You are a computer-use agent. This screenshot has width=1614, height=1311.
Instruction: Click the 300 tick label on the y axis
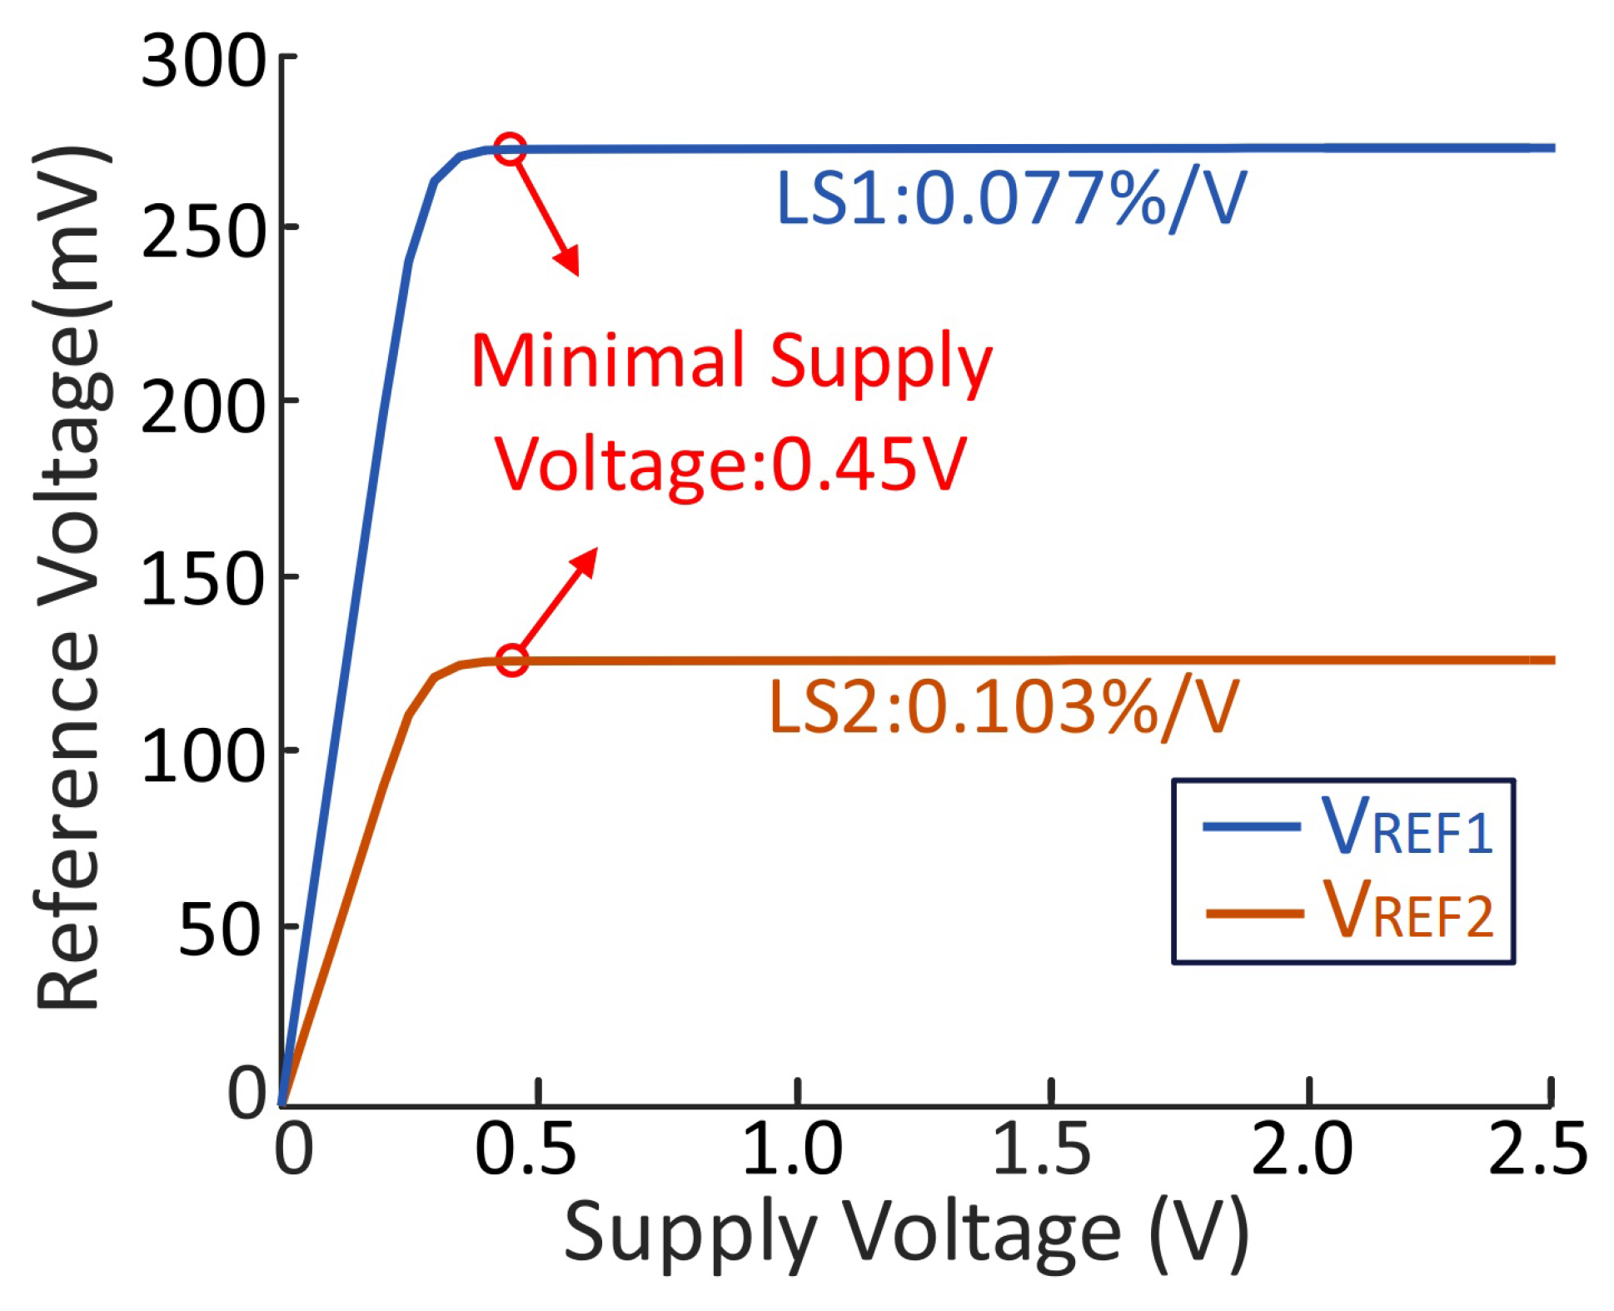(202, 62)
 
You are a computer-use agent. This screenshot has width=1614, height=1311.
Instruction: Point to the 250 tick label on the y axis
(202, 234)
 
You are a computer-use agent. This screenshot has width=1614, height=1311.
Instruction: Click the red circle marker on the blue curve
(510, 149)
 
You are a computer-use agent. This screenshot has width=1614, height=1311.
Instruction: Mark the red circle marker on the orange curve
(512, 660)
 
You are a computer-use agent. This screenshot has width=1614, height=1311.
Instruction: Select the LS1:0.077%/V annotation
(1010, 199)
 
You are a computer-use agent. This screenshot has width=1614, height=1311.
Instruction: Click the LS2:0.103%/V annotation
(1004, 708)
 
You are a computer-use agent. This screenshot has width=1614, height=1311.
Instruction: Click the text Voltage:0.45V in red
(730, 465)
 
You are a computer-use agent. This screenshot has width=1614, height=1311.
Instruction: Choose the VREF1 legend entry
(1347, 827)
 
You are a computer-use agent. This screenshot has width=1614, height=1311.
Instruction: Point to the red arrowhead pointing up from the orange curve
(586, 560)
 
